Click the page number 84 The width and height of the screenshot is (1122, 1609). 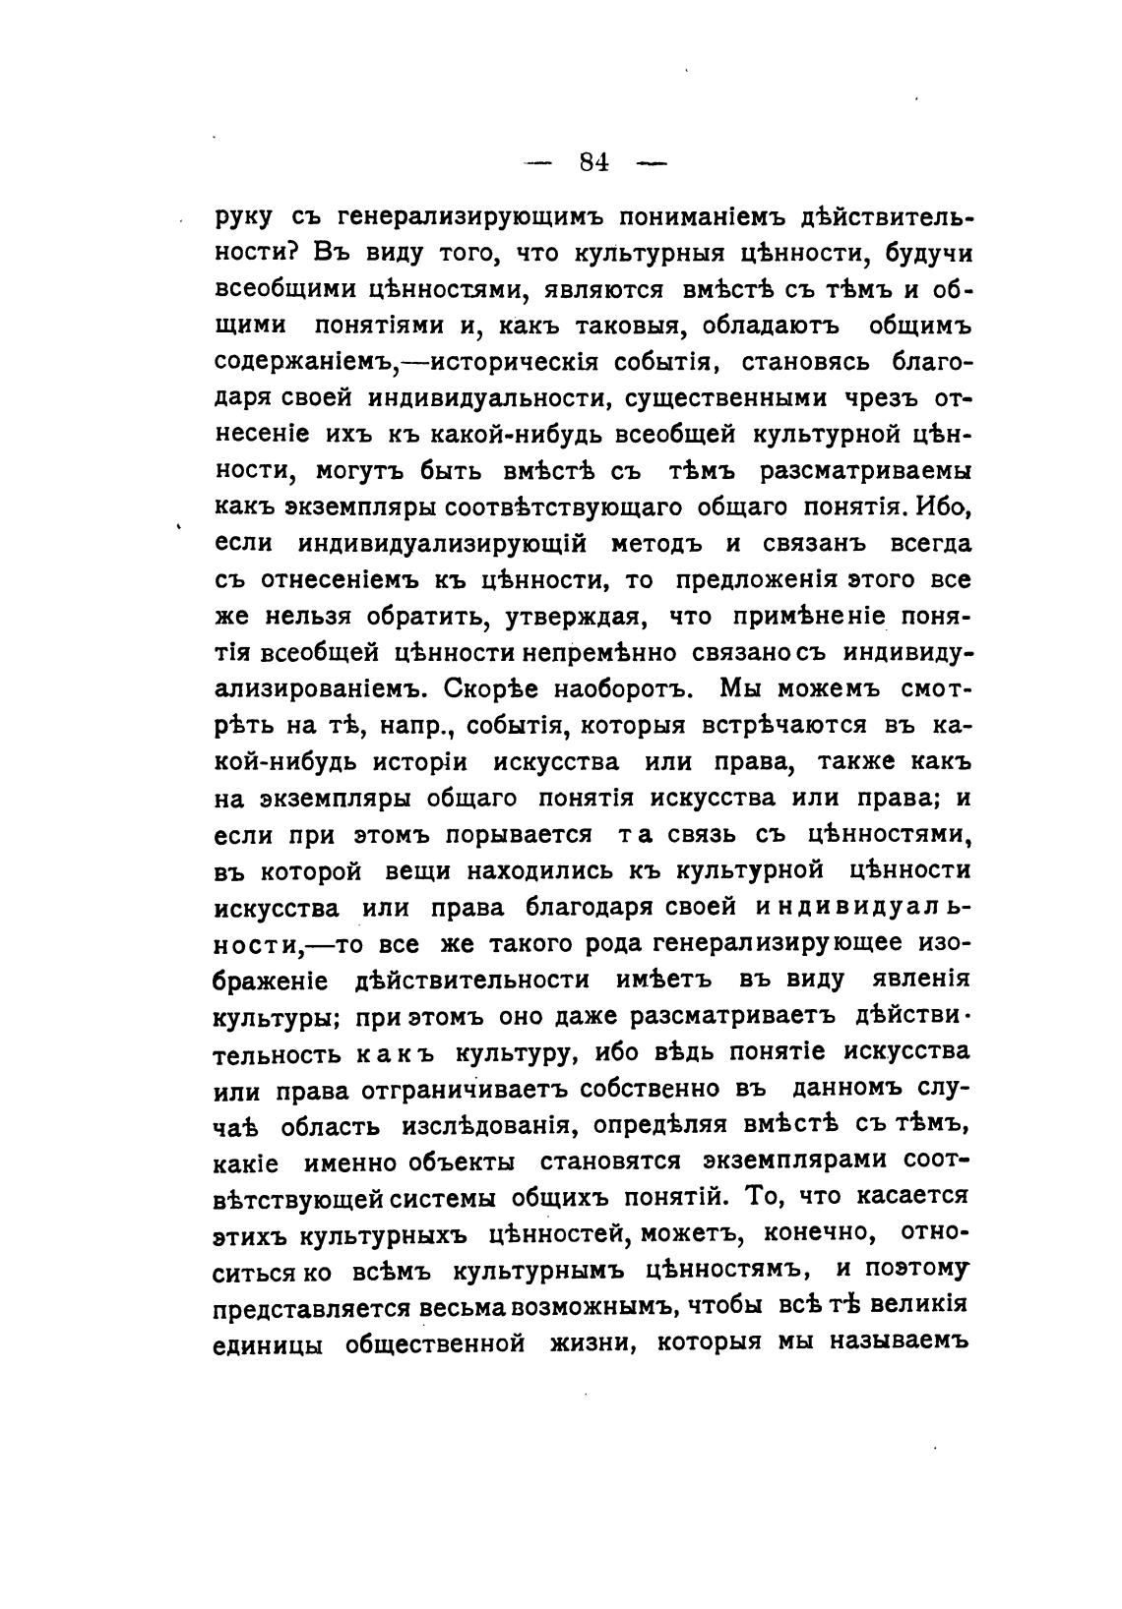click(x=594, y=162)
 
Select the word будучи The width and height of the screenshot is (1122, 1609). click(x=929, y=253)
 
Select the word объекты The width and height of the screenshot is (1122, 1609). click(x=465, y=1162)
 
